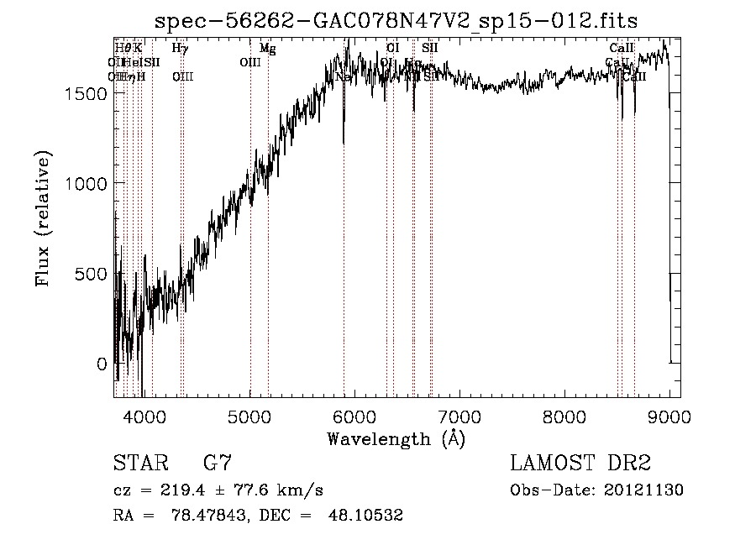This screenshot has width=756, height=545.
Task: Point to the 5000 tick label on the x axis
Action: click(x=250, y=416)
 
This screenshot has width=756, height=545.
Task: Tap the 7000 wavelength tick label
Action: click(x=459, y=416)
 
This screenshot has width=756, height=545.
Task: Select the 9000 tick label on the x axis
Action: click(x=669, y=416)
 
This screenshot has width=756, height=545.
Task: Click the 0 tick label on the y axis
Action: click(x=102, y=364)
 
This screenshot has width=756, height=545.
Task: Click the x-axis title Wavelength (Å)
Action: click(x=396, y=438)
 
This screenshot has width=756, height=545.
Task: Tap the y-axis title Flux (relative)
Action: click(x=43, y=218)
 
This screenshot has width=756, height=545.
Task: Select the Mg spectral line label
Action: click(x=267, y=49)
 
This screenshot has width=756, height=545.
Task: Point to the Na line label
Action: click(x=343, y=76)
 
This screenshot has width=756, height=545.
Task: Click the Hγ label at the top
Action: click(x=180, y=49)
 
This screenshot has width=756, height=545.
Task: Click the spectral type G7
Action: click(x=217, y=463)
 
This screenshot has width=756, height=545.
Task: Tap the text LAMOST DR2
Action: click(x=580, y=463)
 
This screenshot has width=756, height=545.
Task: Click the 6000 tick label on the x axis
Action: click(x=355, y=416)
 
